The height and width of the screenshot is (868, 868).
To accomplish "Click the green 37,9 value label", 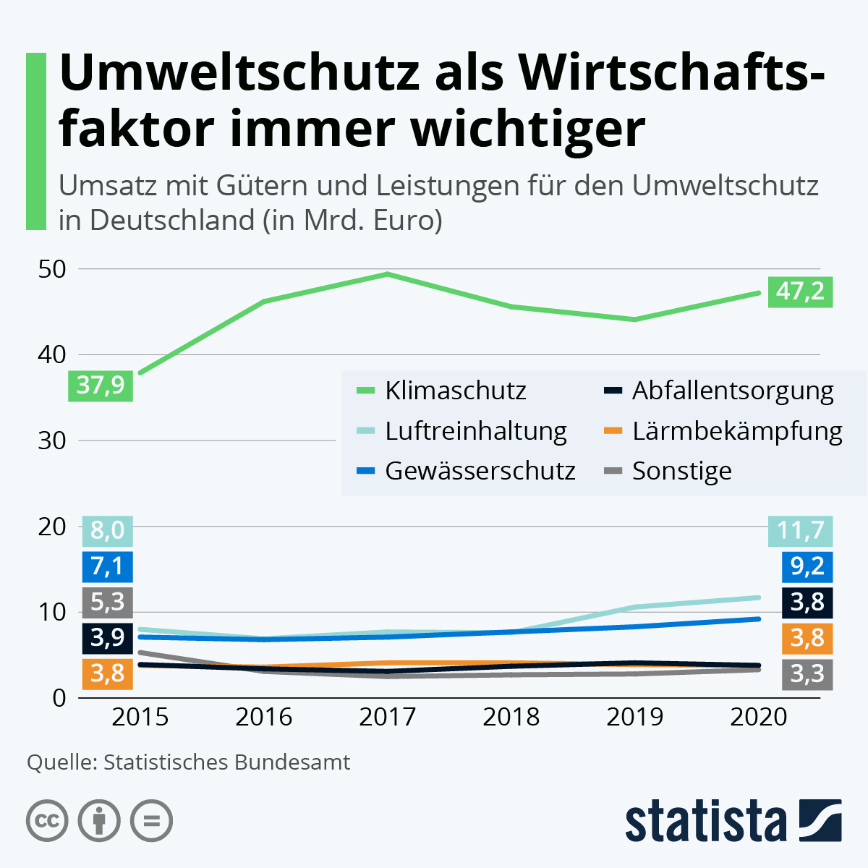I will [x=101, y=386].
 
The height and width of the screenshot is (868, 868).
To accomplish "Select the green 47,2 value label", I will [x=800, y=292].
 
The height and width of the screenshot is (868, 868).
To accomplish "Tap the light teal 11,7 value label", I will [x=800, y=531].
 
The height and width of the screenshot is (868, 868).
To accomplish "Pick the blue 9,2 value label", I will [x=807, y=566].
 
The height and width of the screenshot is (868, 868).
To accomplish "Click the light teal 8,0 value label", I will [x=107, y=531].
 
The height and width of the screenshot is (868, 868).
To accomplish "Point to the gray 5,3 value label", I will [x=107, y=602].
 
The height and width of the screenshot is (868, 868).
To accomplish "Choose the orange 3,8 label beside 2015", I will [x=107, y=673].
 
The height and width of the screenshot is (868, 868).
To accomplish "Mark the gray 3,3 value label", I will [x=807, y=674].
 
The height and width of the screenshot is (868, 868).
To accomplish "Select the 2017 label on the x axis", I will [x=388, y=717].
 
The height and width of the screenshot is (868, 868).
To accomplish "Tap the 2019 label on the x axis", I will [x=635, y=717].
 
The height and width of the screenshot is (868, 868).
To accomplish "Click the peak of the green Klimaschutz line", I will [x=388, y=274].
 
